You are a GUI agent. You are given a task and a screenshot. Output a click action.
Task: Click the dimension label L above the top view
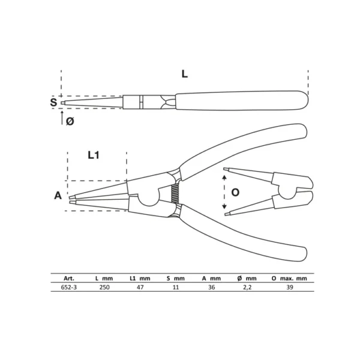click(x=185, y=74)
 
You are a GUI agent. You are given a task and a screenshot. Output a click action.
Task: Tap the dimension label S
click(x=53, y=102)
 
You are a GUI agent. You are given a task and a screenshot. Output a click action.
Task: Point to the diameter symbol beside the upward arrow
click(x=70, y=121)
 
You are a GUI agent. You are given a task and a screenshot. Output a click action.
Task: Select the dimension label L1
click(x=94, y=155)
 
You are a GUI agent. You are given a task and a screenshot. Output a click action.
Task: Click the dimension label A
click(x=58, y=196)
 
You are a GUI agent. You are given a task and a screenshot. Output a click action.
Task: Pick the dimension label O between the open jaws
click(x=235, y=192)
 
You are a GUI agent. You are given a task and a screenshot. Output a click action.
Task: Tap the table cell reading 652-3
click(x=69, y=287)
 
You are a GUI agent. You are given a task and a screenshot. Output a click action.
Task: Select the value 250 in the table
click(x=104, y=287)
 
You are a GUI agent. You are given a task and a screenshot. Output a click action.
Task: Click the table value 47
click(x=140, y=287)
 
